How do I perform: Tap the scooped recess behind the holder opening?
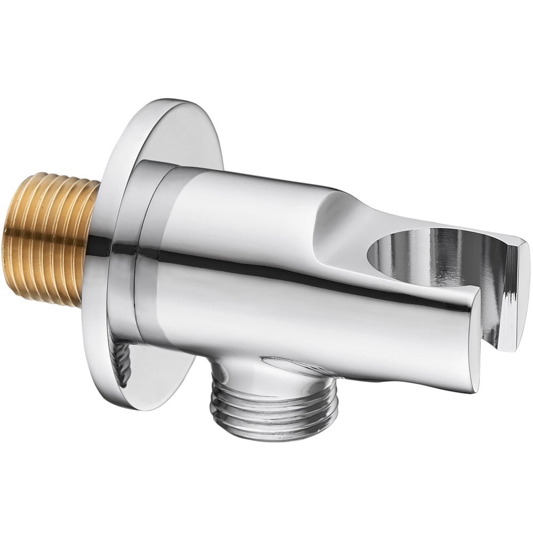[x=341, y=224]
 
